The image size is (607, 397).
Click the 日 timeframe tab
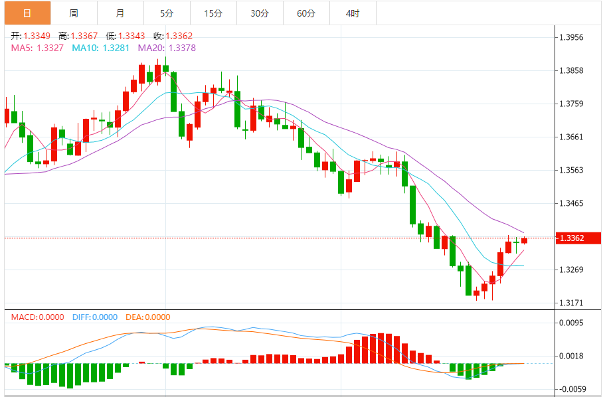27,13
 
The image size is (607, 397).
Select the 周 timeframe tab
73,13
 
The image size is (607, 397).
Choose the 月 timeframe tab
120,13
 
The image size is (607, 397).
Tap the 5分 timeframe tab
166,13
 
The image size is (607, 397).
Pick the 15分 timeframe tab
213,13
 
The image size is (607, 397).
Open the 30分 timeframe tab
260,13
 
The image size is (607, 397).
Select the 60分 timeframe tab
306,13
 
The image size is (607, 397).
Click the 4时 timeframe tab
353,13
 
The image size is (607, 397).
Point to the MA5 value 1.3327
50,48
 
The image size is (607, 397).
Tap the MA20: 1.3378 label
167,48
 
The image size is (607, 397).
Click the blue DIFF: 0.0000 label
94,317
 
